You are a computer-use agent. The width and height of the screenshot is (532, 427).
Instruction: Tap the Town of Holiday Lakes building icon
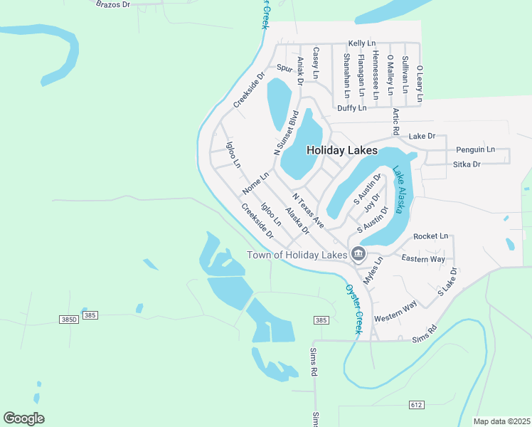358,254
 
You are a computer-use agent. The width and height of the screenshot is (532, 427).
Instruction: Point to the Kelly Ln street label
361,44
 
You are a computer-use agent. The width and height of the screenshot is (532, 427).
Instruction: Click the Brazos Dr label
113,4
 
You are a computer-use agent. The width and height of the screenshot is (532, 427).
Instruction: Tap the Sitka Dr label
467,164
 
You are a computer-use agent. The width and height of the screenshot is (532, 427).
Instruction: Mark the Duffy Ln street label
352,108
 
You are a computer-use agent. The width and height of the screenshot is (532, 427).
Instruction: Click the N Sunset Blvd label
286,133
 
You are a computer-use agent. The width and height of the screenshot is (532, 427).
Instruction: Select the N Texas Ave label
308,209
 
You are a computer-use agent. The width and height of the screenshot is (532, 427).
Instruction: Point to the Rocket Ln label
431,236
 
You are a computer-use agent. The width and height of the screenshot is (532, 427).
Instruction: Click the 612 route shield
417,405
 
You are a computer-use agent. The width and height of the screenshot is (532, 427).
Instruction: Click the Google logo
23,418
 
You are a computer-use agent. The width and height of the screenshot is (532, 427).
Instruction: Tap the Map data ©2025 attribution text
501,421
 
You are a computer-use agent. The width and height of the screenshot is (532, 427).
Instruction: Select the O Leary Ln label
420,84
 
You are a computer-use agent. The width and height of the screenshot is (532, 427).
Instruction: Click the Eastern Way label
423,258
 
